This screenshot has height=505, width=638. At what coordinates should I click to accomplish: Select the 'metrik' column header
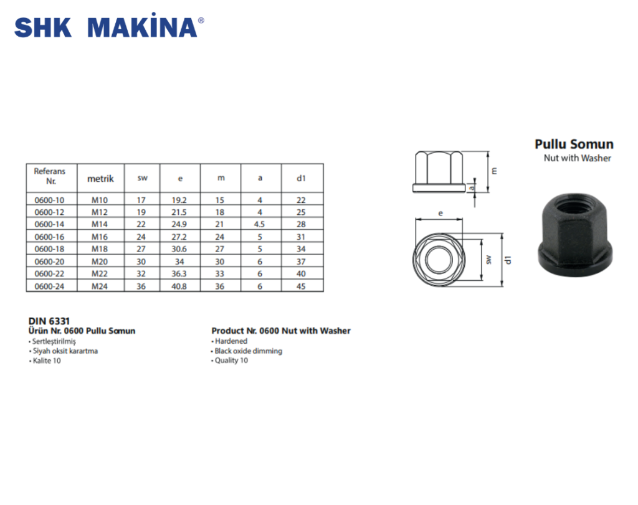(100, 179)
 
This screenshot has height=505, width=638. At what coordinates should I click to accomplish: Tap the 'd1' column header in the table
(301, 178)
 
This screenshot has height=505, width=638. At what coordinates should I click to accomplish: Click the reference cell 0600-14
(50, 224)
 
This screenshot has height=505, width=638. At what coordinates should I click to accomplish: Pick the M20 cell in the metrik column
(100, 262)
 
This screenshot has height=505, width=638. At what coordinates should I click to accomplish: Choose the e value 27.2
(179, 237)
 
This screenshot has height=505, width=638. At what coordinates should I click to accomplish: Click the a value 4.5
(259, 224)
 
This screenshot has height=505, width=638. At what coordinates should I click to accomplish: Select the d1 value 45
(301, 286)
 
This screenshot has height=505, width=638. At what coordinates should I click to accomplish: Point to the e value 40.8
(179, 286)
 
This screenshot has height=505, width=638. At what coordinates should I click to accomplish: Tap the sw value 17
(141, 200)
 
